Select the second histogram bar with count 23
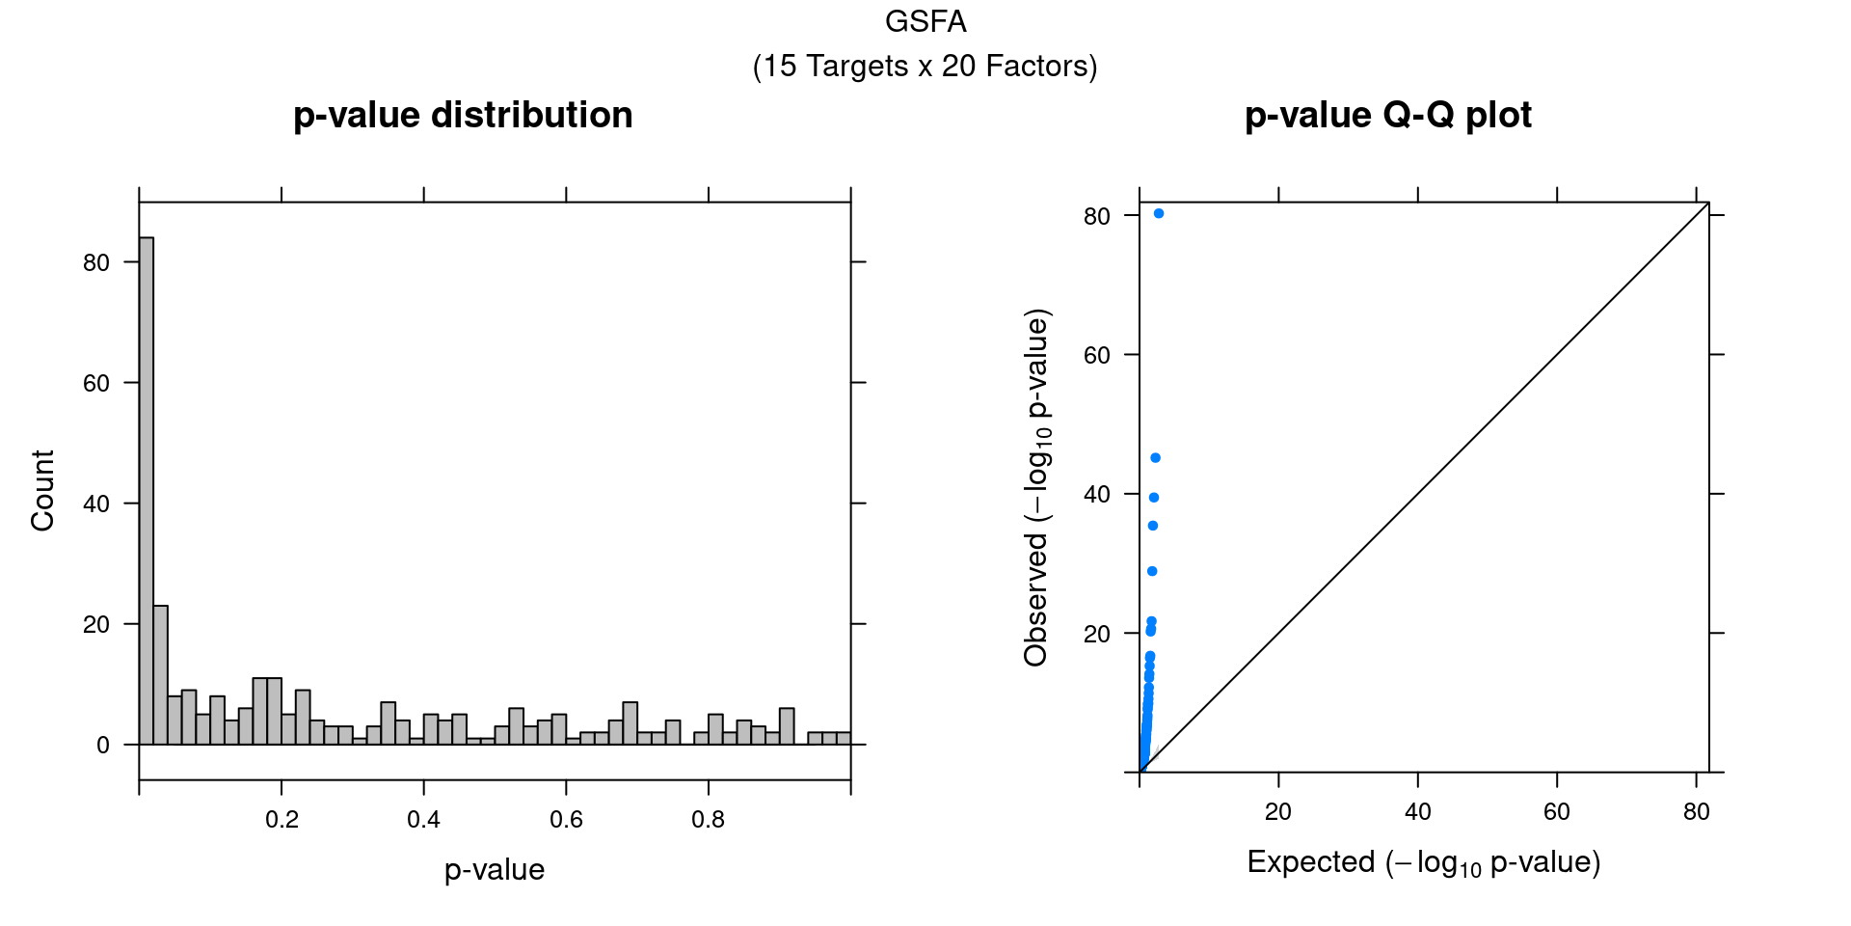pos(161,675)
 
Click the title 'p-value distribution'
pos(463,116)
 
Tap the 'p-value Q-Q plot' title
pos(1387,116)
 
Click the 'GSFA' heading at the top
pos(925,21)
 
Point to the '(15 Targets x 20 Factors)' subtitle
pos(925,67)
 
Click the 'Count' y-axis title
pos(42,490)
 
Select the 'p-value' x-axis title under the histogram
pos(495,870)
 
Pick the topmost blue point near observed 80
pos(1159,213)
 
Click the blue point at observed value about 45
pos(1156,458)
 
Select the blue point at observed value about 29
pos(1152,571)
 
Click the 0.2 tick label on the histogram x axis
pos(282,820)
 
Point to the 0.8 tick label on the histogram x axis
pos(709,820)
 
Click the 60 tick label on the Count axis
pos(96,384)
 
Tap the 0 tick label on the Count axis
pos(103,746)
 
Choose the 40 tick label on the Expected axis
pos(1417,812)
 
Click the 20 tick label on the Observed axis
pos(1097,635)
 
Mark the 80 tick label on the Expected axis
pos(1696,812)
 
